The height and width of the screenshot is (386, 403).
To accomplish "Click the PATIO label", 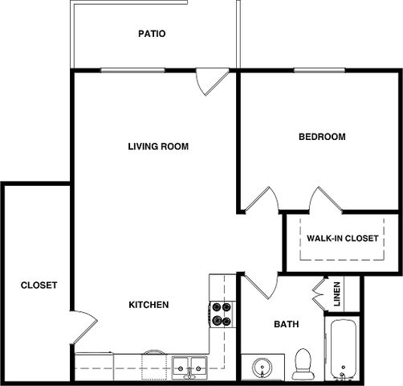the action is point(152,34).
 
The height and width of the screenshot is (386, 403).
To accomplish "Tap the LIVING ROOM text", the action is point(158,146).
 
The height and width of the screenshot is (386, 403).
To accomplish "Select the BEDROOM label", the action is point(322,137).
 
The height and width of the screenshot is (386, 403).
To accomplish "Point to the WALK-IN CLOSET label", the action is point(343,238).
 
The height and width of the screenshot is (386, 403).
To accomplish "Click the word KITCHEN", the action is point(149,305).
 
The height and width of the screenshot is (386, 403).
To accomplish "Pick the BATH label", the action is point(287,324).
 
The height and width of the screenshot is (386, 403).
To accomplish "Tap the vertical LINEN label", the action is point(337,294).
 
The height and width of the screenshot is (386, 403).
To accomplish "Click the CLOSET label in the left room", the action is point(39,285).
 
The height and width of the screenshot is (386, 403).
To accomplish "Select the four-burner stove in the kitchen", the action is point(222,314).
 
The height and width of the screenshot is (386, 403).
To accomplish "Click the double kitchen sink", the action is point(189,368).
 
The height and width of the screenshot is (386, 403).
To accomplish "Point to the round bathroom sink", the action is point(263,368).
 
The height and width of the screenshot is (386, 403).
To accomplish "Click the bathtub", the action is point(344,350).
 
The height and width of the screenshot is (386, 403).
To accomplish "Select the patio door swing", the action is point(212,82).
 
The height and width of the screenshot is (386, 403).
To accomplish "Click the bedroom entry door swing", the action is point(263,199).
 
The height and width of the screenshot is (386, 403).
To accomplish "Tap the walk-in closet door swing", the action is point(326,199).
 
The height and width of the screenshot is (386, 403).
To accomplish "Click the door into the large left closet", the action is point(84,327).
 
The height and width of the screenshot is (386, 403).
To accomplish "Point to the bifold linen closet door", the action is point(320,294).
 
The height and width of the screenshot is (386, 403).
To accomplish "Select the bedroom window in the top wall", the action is point(320,71).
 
